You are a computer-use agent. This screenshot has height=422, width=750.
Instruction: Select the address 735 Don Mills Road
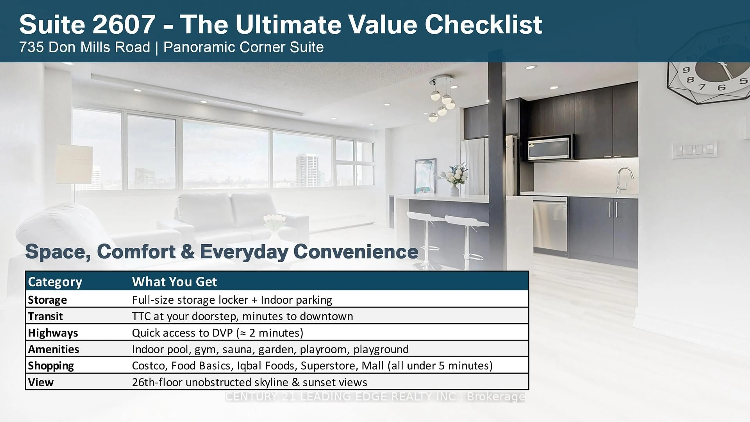coord(84,47)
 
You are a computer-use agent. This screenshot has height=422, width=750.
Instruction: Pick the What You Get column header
coord(174,282)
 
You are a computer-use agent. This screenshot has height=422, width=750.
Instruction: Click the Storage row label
coord(47,300)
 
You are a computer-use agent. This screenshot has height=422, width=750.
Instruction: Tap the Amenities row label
coord(54,349)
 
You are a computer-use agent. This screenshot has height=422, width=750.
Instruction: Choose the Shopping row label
coord(51,366)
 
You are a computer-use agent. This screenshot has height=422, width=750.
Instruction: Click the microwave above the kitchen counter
coord(549,148)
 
